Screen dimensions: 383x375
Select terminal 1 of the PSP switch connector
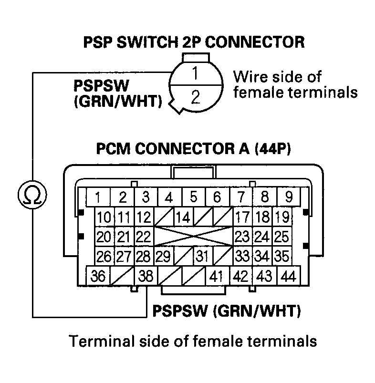point(195,74)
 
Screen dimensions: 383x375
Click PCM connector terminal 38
point(146,276)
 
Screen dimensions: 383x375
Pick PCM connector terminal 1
point(97,197)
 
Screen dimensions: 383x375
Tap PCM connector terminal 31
point(203,257)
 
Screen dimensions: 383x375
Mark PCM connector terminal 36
point(98,276)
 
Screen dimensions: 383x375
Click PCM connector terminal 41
point(218,276)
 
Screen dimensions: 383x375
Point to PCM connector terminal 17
point(242,217)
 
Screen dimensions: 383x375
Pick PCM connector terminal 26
point(104,257)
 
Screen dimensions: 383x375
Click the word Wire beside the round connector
point(250,76)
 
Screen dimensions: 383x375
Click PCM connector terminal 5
point(193,197)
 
